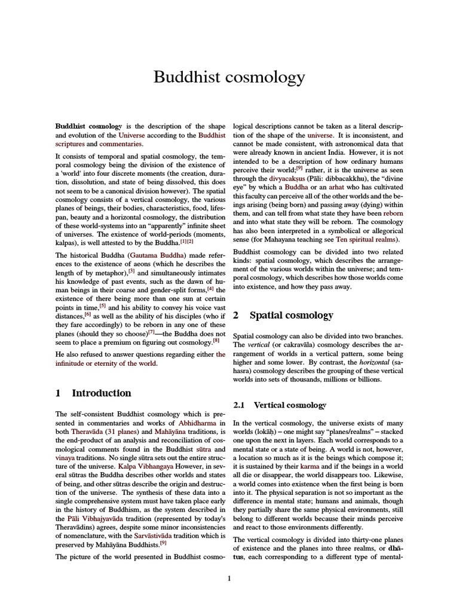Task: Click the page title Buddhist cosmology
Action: point(229,78)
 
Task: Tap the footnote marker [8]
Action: point(216,341)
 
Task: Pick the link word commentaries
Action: point(121,144)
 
